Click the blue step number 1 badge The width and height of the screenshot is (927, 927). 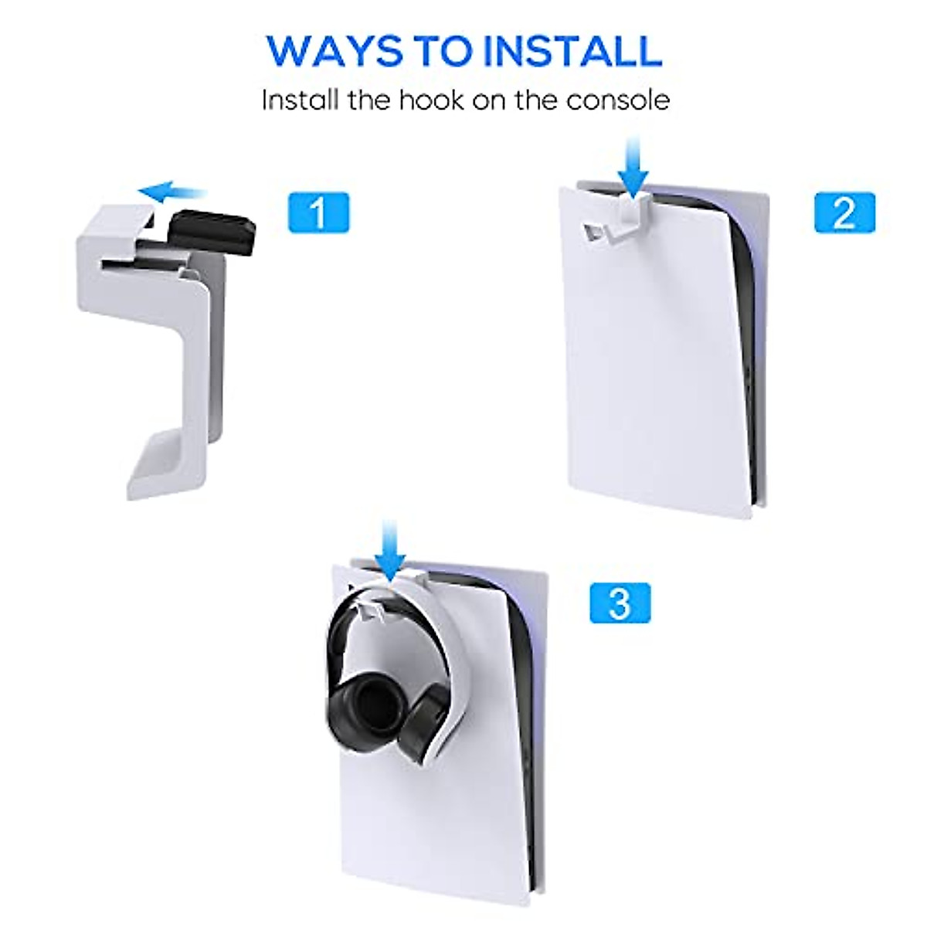318,212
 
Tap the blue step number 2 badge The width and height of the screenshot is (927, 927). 845,212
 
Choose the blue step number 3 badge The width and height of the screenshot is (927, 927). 620,603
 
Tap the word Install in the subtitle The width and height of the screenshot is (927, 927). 300,100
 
